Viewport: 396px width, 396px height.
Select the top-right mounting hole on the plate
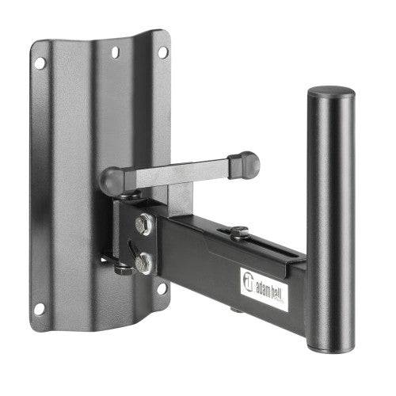(x=162, y=51)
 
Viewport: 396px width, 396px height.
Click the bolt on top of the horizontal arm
(x=238, y=232)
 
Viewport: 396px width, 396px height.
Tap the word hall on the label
(x=278, y=284)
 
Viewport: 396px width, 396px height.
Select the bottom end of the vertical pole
(x=331, y=345)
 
